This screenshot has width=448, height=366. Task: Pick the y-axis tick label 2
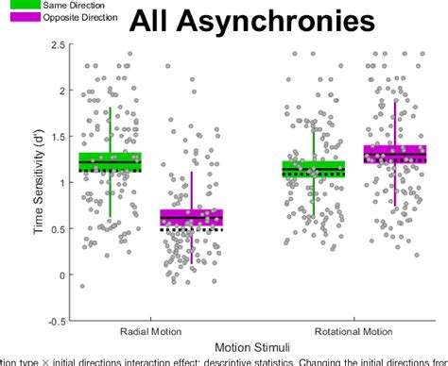pyautogui.click(x=63, y=91)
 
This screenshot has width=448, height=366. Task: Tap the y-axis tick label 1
pyautogui.click(x=63, y=183)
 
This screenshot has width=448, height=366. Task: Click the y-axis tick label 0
pyautogui.click(x=63, y=274)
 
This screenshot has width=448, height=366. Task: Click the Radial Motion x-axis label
pyautogui.click(x=151, y=332)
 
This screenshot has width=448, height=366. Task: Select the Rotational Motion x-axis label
pyautogui.click(x=353, y=332)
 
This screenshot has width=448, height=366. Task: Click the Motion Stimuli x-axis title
pyautogui.click(x=251, y=349)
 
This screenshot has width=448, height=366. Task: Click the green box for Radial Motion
pyautogui.click(x=111, y=161)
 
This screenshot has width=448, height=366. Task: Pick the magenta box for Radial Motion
pyautogui.click(x=192, y=218)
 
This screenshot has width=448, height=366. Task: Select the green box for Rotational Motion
pyautogui.click(x=314, y=169)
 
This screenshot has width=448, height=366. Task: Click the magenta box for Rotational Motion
pyautogui.click(x=394, y=154)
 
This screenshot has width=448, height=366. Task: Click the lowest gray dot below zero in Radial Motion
pyautogui.click(x=82, y=286)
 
